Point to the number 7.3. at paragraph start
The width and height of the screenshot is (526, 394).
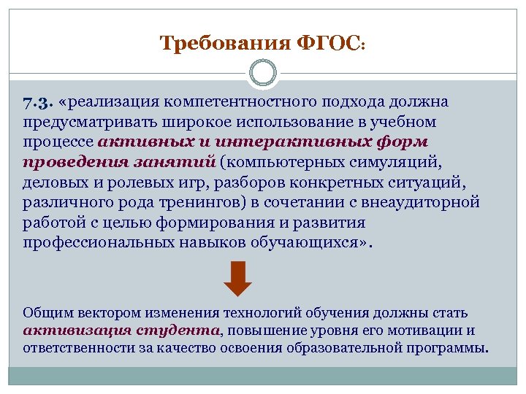click(x=37, y=101)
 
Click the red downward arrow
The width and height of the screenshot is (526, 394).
click(x=237, y=279)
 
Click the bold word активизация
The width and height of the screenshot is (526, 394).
click(x=77, y=330)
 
